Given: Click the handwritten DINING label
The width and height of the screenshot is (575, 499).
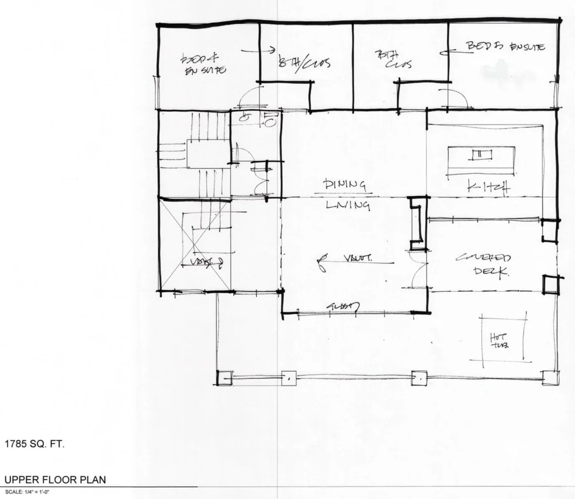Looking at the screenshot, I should coord(345,185).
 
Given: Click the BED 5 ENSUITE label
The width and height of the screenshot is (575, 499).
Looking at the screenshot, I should coord(505,47).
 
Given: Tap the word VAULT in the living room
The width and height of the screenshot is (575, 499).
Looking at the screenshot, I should coord(358,258).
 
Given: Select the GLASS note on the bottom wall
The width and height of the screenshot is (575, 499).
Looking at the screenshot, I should coord(343,306).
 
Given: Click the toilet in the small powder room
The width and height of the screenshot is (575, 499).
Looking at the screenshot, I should coord(270,120).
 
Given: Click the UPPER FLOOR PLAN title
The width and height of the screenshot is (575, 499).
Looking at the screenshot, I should coord(55,479).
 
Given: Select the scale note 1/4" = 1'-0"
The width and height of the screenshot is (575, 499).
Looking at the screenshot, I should coord(27,492).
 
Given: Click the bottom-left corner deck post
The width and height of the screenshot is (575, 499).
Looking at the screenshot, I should coord(224,378).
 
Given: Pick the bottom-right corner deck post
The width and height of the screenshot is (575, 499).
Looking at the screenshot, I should coord(550,378).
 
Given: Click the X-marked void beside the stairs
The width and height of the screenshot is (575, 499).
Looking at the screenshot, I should coord(195,245).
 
